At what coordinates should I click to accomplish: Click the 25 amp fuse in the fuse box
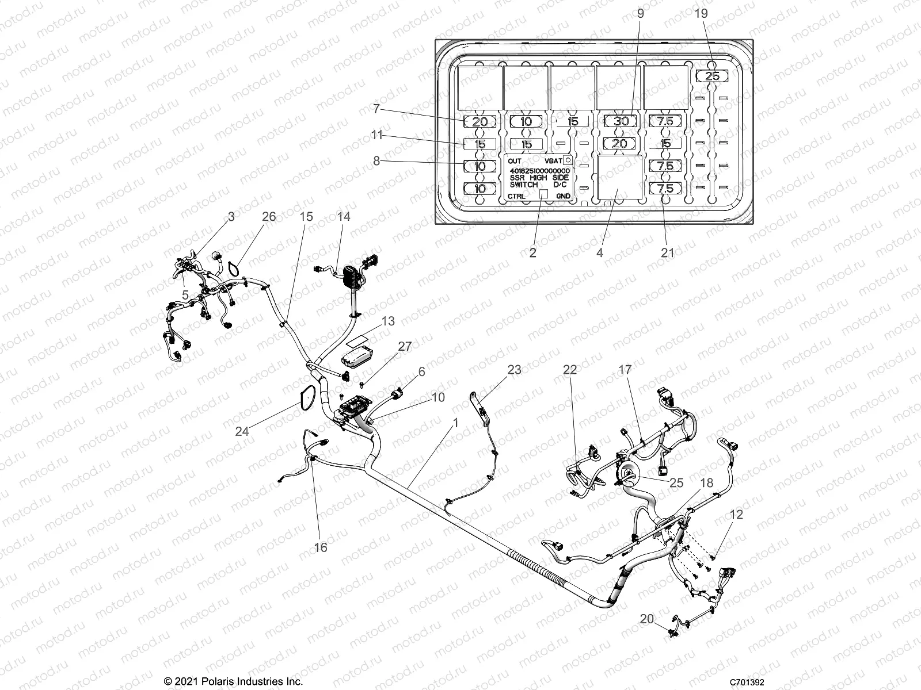pos(712,76)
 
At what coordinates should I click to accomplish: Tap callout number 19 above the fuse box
pos(701,13)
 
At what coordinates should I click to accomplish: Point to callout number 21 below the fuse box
pos(667,252)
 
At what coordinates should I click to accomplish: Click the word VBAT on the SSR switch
pos(553,162)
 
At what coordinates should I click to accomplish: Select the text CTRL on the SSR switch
pos(516,196)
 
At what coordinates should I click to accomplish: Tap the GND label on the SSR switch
pos(564,196)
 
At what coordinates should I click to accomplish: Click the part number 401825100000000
pos(540,171)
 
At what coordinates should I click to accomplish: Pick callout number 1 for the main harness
pos(456,423)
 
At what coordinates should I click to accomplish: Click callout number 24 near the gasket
pos(242,431)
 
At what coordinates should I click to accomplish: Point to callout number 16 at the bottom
pos(321,547)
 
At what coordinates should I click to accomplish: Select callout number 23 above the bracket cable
pos(514,370)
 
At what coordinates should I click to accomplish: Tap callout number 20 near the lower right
pos(647,619)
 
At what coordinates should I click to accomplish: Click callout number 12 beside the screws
pos(736,515)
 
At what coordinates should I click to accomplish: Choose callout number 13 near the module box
pos(389,321)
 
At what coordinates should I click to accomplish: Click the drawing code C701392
pos(747,682)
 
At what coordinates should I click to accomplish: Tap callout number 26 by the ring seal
pos(269,217)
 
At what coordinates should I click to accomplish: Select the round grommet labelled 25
pos(629,475)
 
